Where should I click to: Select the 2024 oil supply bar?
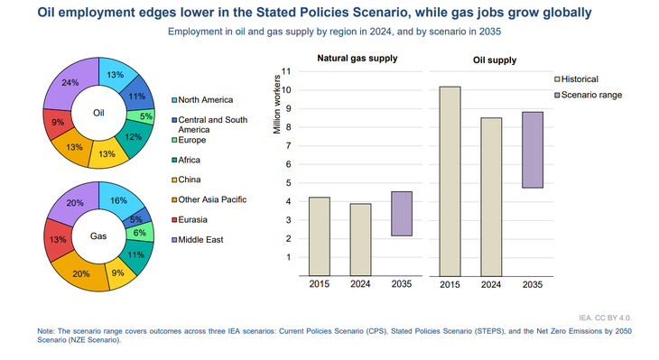click(x=490, y=196)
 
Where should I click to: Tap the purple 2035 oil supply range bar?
click(x=532, y=150)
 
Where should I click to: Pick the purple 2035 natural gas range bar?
click(x=402, y=214)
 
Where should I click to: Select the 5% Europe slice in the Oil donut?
click(x=144, y=116)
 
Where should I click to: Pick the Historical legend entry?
click(x=578, y=79)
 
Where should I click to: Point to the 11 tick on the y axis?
click(x=287, y=71)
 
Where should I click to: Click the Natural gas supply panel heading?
click(x=357, y=60)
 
